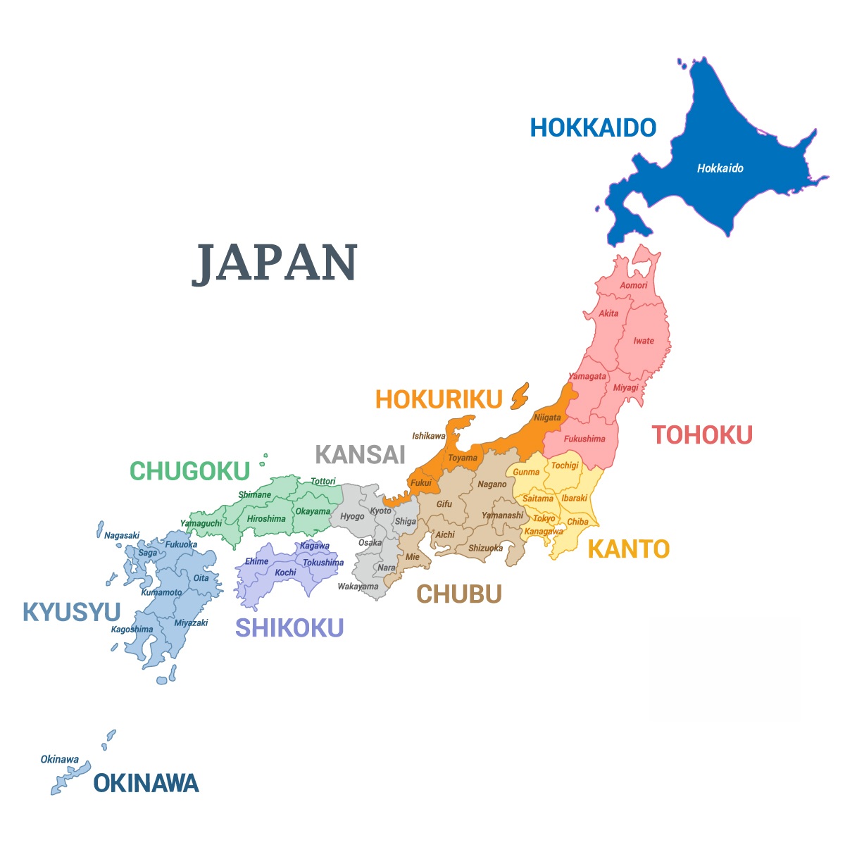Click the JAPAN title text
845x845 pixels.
(x=275, y=263)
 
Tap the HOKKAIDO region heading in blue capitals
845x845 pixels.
(x=593, y=127)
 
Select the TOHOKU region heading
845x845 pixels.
(x=702, y=435)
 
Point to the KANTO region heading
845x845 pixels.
(x=628, y=549)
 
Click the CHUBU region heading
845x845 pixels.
(x=459, y=594)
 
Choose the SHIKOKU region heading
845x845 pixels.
(x=289, y=627)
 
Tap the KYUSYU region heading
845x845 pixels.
(x=72, y=612)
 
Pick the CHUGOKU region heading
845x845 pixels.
(x=190, y=471)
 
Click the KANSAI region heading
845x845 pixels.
(x=361, y=455)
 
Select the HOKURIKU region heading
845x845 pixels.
(x=439, y=399)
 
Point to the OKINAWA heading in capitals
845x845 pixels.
(x=146, y=783)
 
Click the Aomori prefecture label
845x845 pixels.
(x=634, y=285)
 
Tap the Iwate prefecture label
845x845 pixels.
(x=644, y=341)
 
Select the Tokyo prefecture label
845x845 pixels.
(x=544, y=519)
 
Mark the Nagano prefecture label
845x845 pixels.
(x=492, y=484)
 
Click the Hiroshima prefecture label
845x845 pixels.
(x=266, y=519)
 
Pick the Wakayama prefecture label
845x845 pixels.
(x=358, y=587)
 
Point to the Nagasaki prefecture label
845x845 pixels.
(x=122, y=535)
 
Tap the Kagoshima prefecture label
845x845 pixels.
(x=132, y=630)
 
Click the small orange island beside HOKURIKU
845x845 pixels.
(x=520, y=396)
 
